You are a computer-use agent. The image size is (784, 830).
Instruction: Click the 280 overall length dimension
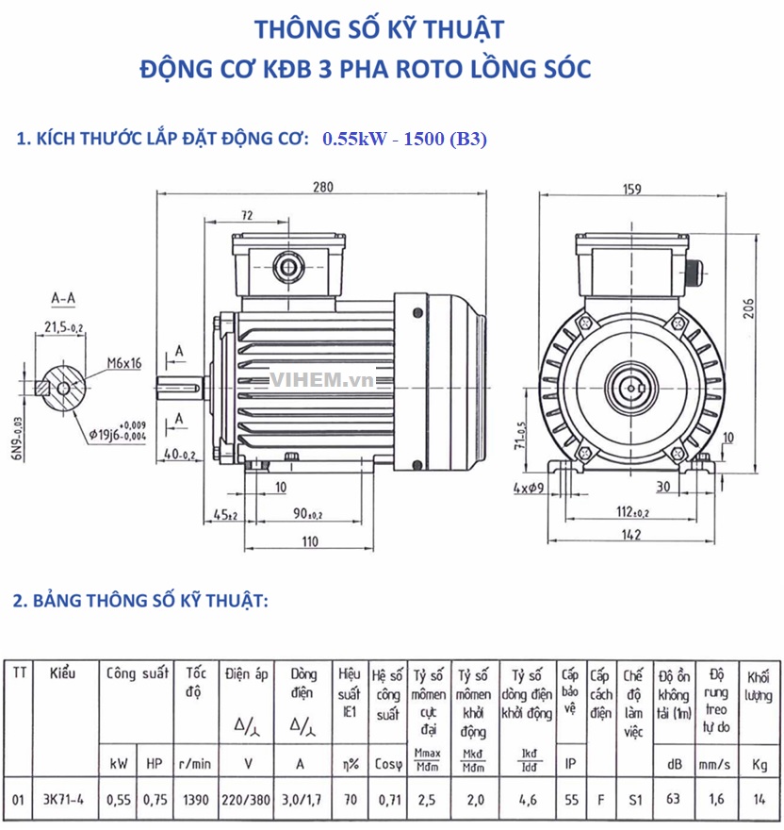point(322,187)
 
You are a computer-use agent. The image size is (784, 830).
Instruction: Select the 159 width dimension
point(632,189)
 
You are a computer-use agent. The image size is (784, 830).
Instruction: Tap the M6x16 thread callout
point(123,362)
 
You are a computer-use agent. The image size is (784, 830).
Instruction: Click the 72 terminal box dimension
point(247,216)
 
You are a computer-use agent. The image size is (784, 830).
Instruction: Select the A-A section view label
point(63,299)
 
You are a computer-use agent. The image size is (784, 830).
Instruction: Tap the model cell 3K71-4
point(64,800)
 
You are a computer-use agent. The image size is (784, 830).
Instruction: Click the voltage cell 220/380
point(247,800)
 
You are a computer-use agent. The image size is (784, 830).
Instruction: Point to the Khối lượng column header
point(759,685)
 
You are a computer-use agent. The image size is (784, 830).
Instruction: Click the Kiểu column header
point(62,673)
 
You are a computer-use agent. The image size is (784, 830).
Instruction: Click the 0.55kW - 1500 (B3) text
point(404,140)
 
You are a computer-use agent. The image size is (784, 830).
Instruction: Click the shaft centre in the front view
point(631,386)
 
